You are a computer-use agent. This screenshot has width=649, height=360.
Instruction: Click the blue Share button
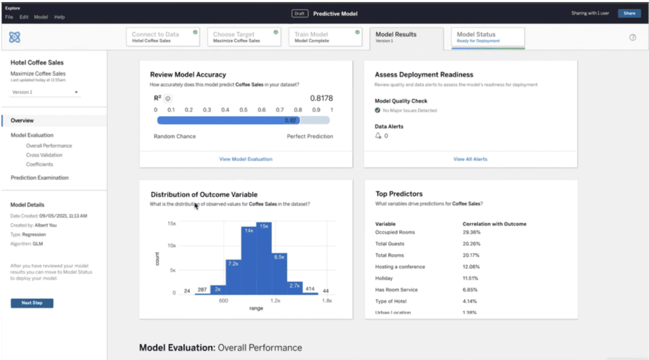pyautogui.click(x=629, y=13)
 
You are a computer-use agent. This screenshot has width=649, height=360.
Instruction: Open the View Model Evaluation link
pyautogui.click(x=246, y=159)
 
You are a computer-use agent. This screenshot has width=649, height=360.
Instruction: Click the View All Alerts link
pyautogui.click(x=470, y=159)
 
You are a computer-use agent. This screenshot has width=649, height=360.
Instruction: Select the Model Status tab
pyautogui.click(x=487, y=37)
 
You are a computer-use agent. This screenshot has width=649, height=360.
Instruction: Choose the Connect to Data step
pyautogui.click(x=164, y=37)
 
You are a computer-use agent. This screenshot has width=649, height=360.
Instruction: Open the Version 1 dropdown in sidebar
pyautogui.click(x=45, y=93)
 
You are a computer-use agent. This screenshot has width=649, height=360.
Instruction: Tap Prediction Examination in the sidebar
pyautogui.click(x=39, y=178)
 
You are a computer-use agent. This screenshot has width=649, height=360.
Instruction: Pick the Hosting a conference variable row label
pyautogui.click(x=400, y=267)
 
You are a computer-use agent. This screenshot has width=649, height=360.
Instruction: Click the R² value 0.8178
pyautogui.click(x=321, y=98)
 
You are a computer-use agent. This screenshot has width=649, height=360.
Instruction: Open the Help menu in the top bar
pyautogui.click(x=60, y=17)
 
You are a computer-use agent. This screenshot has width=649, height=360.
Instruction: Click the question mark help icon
pyautogui.click(x=632, y=37)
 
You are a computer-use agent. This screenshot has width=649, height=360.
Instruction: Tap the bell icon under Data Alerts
pyautogui.click(x=378, y=136)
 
